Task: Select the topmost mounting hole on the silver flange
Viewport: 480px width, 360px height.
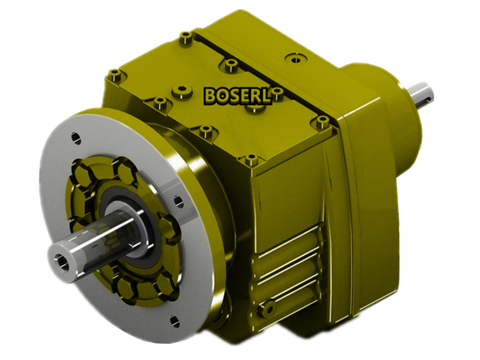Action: [x=76, y=137]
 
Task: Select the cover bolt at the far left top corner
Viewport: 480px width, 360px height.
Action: [x=114, y=75]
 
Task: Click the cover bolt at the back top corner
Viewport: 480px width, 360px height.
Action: [x=186, y=38]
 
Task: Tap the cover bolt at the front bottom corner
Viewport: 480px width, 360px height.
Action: [x=251, y=160]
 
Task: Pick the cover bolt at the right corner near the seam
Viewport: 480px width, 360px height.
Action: [x=322, y=122]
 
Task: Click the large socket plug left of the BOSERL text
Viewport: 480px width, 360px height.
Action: [x=182, y=92]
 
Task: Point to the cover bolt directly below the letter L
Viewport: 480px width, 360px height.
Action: [x=257, y=109]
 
